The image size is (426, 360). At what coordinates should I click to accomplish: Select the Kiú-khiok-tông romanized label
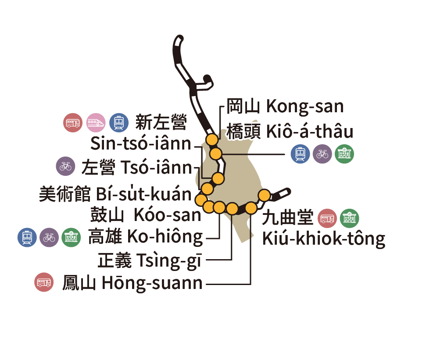(323, 239)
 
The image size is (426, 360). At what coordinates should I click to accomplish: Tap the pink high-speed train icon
(96, 122)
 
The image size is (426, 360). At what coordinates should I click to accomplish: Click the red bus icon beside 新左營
(73, 122)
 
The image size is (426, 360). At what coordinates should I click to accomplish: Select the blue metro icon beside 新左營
(118, 122)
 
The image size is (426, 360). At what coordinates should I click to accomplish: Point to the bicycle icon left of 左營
(66, 167)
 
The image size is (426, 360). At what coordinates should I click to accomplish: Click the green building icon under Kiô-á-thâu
(344, 154)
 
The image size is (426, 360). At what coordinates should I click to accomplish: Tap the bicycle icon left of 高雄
(49, 237)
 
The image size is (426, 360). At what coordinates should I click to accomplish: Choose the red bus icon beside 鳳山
(44, 283)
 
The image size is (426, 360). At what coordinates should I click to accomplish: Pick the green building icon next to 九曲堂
(350, 218)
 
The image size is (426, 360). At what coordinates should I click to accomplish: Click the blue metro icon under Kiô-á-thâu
(301, 154)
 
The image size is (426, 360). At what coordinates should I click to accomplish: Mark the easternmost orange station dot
(264, 195)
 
